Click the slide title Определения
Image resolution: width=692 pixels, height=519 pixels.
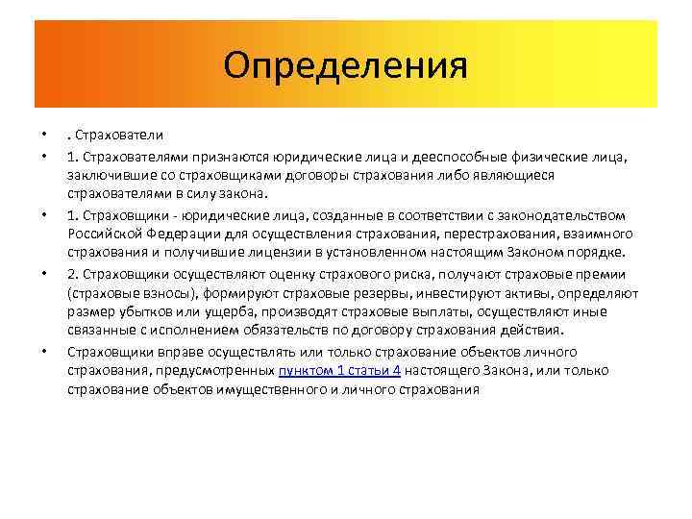click(345, 65)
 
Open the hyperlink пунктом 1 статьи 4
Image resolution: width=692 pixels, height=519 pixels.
click(339, 371)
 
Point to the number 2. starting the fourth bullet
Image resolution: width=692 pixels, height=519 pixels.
click(73, 273)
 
